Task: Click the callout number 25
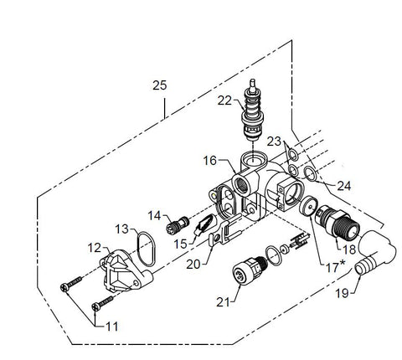coord(160,85)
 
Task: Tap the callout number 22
coord(224,100)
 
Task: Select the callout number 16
coord(209,161)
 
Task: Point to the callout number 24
coord(344,186)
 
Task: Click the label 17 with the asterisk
coord(336,267)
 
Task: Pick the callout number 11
coord(111,327)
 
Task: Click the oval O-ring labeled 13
coord(146,249)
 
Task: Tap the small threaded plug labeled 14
coord(178,225)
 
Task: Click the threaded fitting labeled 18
coord(338,225)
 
